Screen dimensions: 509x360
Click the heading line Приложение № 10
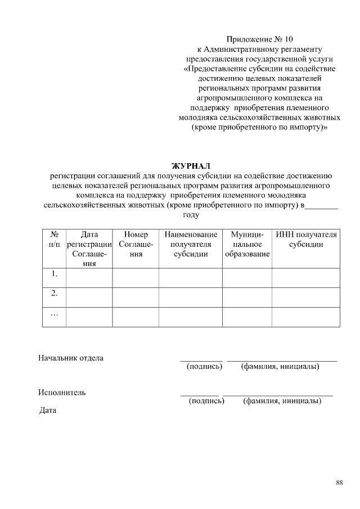point(260,39)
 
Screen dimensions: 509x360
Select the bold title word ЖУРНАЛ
point(191,165)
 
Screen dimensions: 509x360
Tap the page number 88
point(339,483)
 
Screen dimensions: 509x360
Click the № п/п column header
point(55,240)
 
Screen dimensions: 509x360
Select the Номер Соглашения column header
point(135,245)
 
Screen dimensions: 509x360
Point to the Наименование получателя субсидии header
point(190,245)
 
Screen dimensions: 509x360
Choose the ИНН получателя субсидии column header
point(306,240)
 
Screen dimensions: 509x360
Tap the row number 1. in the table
point(55,274)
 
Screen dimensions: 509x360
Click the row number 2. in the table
point(55,294)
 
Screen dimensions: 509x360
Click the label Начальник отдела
point(71,358)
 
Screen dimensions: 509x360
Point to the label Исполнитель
point(62,392)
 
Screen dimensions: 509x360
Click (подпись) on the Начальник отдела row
point(204,367)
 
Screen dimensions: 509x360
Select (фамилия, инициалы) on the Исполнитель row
point(282,401)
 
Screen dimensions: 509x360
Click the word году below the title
point(191,215)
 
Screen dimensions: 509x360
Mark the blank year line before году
point(321,208)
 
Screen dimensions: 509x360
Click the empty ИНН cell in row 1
point(306,277)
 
